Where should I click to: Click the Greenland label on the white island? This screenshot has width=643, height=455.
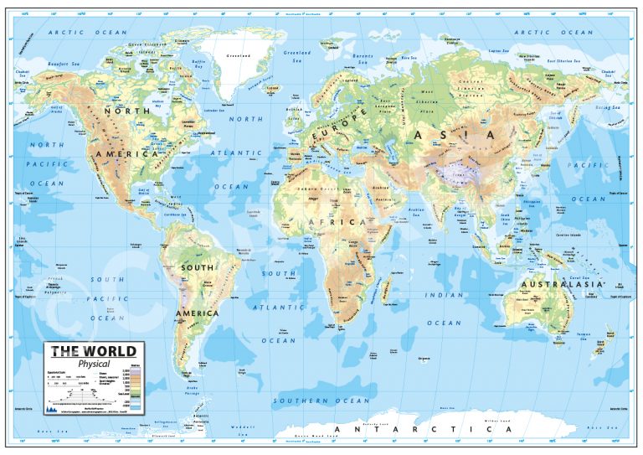pos(239,57)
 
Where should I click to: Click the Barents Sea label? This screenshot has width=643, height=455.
pos(363,59)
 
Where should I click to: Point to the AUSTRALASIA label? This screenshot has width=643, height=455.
pos(562,285)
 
